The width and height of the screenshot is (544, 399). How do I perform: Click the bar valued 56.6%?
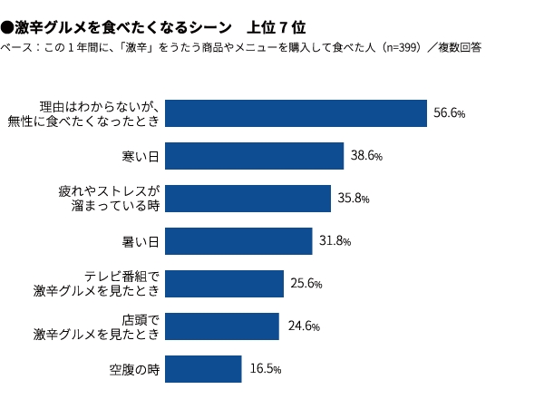coord(296,113)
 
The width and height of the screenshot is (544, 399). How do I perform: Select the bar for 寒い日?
coord(255,156)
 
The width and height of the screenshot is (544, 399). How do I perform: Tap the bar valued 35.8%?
coord(248,199)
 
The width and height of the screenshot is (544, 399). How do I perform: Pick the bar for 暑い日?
coord(239,241)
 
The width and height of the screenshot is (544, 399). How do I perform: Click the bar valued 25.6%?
coord(225,284)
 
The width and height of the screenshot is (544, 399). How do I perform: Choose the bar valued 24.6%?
coord(222,326)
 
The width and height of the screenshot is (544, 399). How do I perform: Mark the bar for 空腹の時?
coord(204,369)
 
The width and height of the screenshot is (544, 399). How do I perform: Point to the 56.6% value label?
coord(449,114)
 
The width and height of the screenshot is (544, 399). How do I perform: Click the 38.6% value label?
coord(365,157)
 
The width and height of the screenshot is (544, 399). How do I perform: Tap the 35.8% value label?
coord(353,199)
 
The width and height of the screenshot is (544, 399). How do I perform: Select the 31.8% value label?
coord(335,242)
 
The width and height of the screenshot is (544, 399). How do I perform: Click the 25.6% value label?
coord(306,285)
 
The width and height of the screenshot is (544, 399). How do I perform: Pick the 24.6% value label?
coord(301,327)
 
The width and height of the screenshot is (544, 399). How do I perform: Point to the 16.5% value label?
coord(265,370)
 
